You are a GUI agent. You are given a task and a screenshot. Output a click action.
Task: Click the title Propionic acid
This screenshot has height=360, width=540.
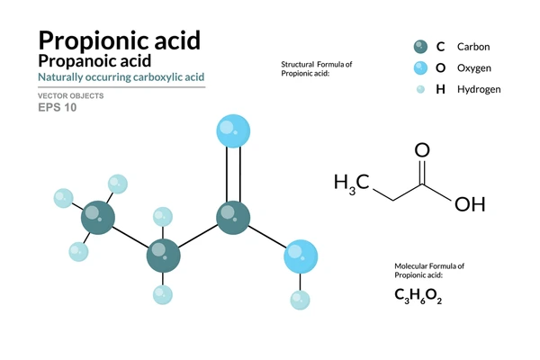point(119,40)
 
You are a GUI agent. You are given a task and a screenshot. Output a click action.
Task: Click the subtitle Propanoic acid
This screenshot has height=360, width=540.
point(94,61)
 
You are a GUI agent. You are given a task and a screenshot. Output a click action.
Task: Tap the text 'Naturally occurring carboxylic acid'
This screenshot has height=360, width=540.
point(121,77)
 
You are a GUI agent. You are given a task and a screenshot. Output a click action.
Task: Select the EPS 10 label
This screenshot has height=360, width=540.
point(58,107)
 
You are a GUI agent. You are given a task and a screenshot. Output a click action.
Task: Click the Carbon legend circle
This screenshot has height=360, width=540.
point(420,47)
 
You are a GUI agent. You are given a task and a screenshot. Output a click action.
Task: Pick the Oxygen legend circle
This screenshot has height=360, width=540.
point(420,67)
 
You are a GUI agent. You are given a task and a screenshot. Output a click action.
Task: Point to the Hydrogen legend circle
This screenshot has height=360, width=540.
point(420,89)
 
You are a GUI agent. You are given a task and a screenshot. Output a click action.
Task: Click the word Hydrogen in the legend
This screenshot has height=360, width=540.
point(479,90)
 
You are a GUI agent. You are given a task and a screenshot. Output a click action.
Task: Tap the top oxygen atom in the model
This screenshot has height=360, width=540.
point(233,131)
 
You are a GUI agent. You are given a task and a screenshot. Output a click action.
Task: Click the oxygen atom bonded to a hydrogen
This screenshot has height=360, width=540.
point(301,256)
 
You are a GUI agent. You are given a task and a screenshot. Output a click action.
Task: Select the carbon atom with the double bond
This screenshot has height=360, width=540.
point(233,218)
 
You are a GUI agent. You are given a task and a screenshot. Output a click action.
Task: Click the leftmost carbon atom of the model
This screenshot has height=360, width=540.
point(98,218)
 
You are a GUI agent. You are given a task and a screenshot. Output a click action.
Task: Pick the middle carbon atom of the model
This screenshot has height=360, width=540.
point(163,256)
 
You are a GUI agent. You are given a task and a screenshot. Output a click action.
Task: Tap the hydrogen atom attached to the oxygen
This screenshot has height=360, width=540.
point(300,300)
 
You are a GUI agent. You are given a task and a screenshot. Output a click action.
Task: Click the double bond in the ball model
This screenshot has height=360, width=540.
point(233,175)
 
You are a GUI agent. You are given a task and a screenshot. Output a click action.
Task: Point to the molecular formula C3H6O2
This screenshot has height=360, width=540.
point(418,296)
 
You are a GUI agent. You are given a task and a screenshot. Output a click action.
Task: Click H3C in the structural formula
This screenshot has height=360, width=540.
point(351,184)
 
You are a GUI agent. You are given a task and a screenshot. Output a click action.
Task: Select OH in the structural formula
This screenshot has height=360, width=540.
point(470,204)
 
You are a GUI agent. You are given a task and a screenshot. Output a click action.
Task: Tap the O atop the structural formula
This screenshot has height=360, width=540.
point(422,150)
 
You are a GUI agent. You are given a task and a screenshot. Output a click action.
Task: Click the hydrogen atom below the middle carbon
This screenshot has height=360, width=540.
point(163,295)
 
